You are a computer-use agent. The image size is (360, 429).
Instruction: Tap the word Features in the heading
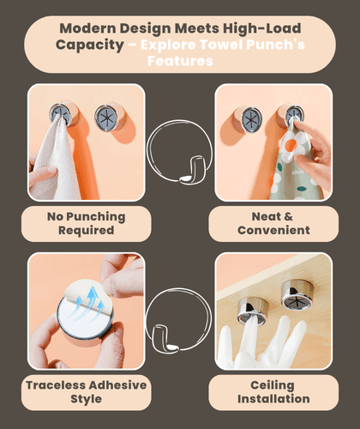point(180,61)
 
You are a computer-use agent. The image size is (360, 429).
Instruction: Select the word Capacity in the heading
point(90,45)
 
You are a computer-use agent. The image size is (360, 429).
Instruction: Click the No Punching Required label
point(87,223)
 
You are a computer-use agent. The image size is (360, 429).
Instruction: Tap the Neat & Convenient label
point(273,223)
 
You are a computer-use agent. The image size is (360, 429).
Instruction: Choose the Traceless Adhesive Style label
point(87,392)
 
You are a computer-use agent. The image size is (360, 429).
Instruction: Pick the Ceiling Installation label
point(273,392)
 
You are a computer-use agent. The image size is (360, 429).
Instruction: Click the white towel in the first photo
point(56,160)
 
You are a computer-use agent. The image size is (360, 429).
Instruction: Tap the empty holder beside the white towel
point(106,118)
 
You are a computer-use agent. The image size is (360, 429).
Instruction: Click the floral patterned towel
point(291,166)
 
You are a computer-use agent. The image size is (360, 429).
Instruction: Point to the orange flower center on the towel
point(290,146)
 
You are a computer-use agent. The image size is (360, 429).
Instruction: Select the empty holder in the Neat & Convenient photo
point(251,120)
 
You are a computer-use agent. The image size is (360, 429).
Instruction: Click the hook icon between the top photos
point(179,152)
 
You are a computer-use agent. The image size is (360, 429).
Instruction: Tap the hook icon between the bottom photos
point(177,320)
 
